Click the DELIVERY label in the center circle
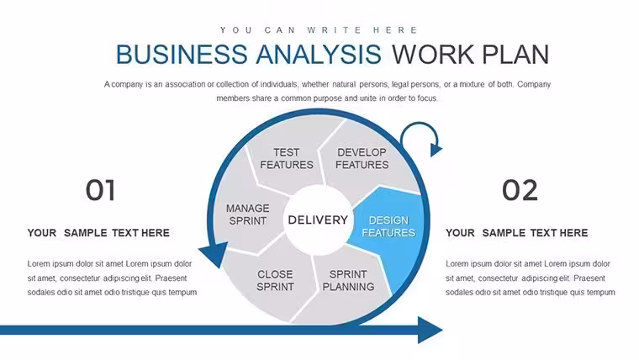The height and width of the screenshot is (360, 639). click(318, 220)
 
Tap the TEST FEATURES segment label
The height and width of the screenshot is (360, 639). click(287, 159)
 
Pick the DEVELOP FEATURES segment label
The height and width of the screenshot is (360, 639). click(362, 159)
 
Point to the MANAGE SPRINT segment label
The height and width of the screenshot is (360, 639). click(247, 214)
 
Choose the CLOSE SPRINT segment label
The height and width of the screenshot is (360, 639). click(275, 280)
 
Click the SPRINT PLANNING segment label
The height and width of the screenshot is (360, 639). click(348, 280)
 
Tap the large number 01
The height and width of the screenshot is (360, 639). click(100, 190)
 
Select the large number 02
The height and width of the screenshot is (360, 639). click(520, 190)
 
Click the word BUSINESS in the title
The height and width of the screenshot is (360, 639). click(182, 54)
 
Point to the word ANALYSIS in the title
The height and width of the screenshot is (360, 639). click(319, 54)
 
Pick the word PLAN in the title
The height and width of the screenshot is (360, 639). click(515, 54)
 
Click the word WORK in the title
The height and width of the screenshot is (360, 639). click(433, 54)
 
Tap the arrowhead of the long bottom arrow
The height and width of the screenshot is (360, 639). click(430, 330)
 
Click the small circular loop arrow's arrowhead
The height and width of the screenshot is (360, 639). click(436, 150)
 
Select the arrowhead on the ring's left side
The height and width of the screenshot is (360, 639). click(213, 254)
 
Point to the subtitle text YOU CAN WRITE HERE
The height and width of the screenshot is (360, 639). click(319, 30)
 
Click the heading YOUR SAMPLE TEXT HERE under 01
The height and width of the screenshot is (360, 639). click(98, 233)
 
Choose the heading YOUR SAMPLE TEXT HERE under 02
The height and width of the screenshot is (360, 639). click(516, 233)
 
